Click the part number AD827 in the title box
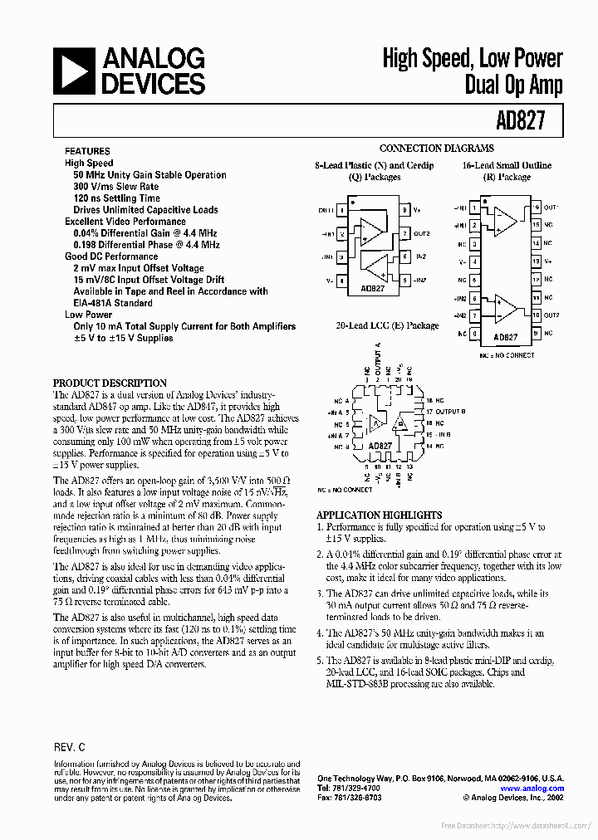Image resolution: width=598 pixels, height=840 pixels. (x=522, y=120)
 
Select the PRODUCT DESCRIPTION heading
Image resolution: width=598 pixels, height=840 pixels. (x=110, y=383)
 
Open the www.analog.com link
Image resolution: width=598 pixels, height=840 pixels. (x=532, y=789)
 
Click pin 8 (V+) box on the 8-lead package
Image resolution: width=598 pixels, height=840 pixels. (x=404, y=211)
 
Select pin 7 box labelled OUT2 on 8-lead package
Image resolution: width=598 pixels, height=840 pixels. (x=404, y=234)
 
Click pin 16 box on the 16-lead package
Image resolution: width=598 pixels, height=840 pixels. (x=537, y=208)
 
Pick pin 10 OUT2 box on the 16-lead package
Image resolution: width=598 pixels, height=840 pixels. (x=537, y=315)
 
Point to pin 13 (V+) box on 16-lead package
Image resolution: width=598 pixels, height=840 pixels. (x=537, y=261)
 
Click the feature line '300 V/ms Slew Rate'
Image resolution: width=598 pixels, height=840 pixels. (x=115, y=187)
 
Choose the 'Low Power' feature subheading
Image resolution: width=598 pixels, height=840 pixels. (x=89, y=315)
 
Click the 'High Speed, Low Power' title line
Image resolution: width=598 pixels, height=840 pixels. (x=472, y=59)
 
